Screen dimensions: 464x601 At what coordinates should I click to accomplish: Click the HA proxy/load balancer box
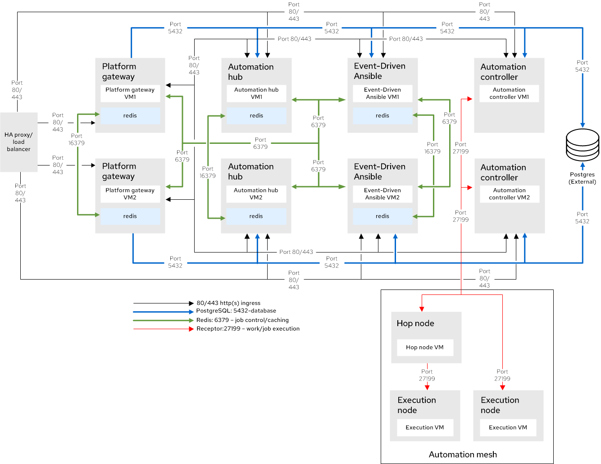point(18,142)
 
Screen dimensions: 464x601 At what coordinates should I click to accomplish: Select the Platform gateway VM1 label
point(130,93)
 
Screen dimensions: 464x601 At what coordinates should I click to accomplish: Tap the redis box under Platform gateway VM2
point(130,216)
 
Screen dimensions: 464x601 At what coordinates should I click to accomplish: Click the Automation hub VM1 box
point(256,93)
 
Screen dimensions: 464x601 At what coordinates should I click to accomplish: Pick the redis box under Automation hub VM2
point(256,216)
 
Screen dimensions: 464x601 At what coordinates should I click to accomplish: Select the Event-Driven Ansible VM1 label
point(382,93)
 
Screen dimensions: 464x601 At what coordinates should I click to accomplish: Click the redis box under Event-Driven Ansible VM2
point(382,216)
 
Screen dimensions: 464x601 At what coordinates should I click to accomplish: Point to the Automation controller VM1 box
point(509,93)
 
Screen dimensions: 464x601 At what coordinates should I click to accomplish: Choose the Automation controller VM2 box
point(509,194)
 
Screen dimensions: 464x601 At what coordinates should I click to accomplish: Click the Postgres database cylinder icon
point(583,145)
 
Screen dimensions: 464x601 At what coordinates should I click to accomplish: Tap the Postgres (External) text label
point(582,178)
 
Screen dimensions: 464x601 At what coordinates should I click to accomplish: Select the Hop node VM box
point(424,347)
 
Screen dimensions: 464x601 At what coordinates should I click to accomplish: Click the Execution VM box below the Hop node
point(424,427)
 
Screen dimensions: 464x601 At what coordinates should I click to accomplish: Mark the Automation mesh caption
point(463,455)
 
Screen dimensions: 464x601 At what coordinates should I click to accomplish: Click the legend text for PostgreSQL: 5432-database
point(236,311)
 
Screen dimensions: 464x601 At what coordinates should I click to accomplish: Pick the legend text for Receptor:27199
point(248,329)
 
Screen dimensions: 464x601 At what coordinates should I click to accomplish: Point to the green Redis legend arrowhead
point(191,320)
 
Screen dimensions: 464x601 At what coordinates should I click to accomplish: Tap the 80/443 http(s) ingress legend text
point(228,303)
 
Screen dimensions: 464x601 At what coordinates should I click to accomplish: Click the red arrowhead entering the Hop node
point(422,309)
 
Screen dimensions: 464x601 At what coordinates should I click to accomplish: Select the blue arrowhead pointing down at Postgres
point(583,125)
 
